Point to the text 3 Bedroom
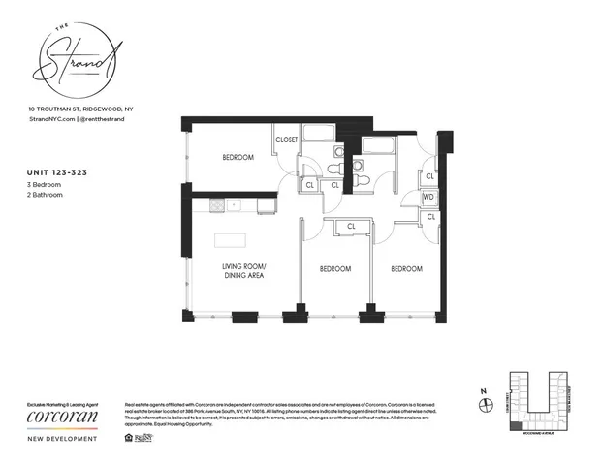tap(46, 185)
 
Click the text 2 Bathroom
tap(46, 195)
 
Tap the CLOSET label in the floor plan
tap(287, 140)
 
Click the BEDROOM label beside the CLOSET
tap(238, 158)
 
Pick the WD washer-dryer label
tap(428, 198)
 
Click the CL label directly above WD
tap(428, 176)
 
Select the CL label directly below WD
tap(428, 217)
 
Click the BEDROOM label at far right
tap(407, 269)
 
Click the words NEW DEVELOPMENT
tap(62, 440)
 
